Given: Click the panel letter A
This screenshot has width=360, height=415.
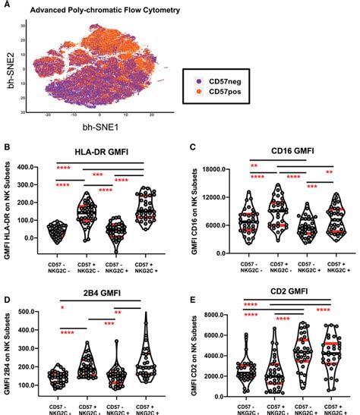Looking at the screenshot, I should [x=6, y=5].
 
